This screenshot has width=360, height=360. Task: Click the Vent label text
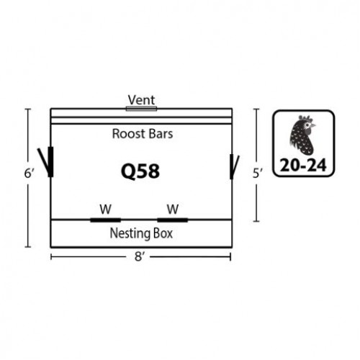141,100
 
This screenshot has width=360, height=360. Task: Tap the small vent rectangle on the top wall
141,109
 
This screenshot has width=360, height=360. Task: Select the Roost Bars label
143,134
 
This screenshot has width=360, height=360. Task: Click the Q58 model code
140,171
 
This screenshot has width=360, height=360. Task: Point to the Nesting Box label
141,233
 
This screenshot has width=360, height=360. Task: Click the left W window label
105,209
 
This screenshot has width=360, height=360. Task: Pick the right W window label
173,209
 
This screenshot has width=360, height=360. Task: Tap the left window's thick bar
105,220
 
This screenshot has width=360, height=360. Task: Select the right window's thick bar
173,220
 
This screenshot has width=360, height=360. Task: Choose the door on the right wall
234,167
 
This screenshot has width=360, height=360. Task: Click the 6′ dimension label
29,173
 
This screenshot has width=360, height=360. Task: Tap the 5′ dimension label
258,174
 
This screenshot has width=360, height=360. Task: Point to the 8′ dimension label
139,256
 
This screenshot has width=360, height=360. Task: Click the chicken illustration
302,135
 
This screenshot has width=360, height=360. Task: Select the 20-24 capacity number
303,166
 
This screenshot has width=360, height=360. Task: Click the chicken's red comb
305,119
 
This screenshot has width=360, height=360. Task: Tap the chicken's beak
314,125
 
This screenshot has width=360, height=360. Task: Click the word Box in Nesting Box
163,233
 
